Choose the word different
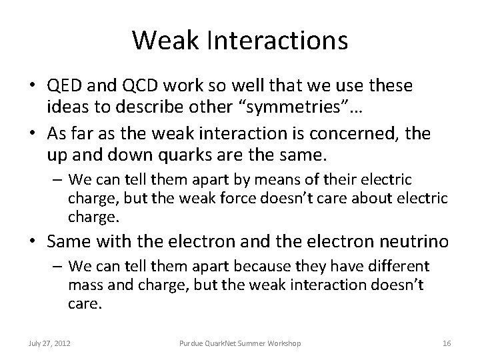pos(397,267)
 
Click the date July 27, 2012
pos(51,343)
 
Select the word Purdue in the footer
pos(192,343)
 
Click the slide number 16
pos(447,343)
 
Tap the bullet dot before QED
pos(31,87)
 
